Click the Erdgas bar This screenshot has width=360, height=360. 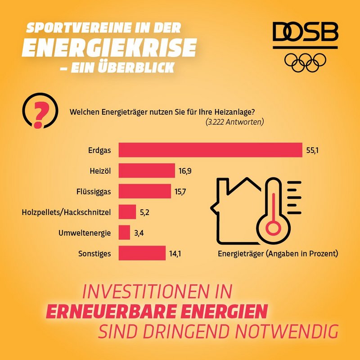(210, 150)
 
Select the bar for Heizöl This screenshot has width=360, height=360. (147, 171)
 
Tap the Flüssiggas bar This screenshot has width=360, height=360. (144, 191)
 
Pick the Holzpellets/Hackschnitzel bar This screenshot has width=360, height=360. (127, 211)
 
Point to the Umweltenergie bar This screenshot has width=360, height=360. (124, 232)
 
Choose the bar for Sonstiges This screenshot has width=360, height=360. (142, 253)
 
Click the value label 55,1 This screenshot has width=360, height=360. (313, 150)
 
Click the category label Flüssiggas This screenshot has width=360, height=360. (93, 191)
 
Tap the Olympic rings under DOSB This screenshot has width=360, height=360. (306, 62)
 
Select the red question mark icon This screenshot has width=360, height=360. (39, 112)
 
